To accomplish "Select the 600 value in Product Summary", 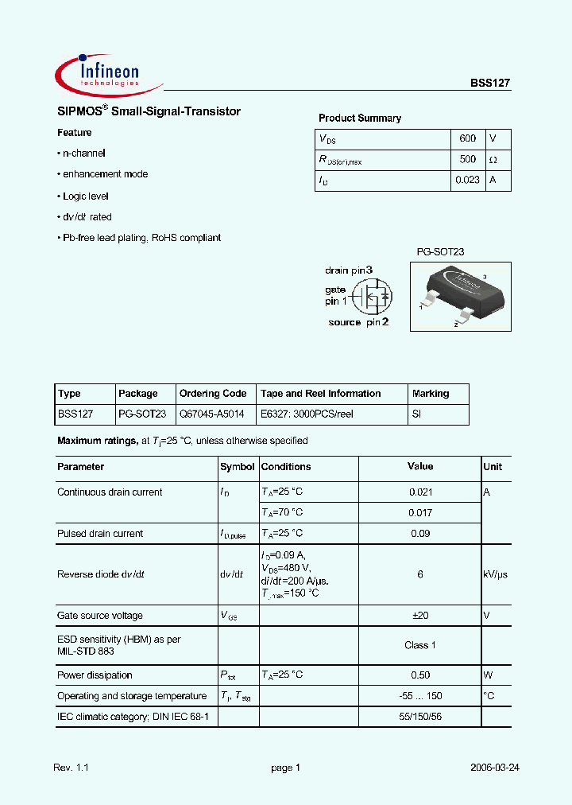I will click(x=468, y=138).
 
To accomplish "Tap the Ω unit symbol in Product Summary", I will click(x=493, y=159).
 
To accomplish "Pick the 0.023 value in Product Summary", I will click(x=467, y=181).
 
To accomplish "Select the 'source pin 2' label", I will click(x=358, y=322).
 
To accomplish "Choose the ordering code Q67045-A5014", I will click(x=212, y=414).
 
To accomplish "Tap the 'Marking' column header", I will click(x=431, y=394).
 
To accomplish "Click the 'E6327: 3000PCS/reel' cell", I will click(x=307, y=414).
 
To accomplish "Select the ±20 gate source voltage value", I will click(x=420, y=616).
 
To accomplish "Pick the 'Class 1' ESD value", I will click(x=420, y=645).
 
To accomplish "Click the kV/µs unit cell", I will click(x=495, y=574).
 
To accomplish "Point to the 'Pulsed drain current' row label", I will click(x=100, y=534).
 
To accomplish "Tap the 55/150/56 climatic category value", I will click(x=420, y=717).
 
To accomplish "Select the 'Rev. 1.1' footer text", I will click(x=71, y=768).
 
